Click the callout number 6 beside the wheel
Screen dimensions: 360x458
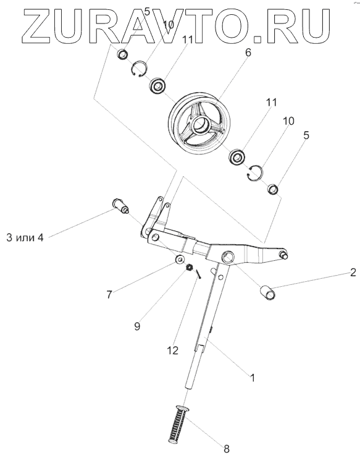[x=248, y=53]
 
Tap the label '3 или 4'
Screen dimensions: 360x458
[x=25, y=237]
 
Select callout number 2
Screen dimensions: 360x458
[x=353, y=273]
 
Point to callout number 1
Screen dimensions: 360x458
[x=253, y=378]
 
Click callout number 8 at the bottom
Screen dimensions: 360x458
[x=227, y=448]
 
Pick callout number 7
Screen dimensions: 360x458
[x=109, y=294]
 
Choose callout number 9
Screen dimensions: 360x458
[x=137, y=326]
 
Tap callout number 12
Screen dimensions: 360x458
[x=172, y=350]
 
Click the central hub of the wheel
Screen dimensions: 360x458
[x=201, y=124]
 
